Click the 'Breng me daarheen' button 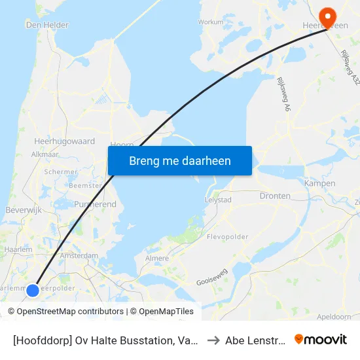(180, 160)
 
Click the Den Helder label (46, 25)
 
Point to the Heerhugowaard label (64, 141)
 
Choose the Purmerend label (96, 205)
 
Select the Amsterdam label (79, 256)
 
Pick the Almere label (156, 259)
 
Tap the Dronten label (275, 196)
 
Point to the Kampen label (320, 184)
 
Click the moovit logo (321, 340)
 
